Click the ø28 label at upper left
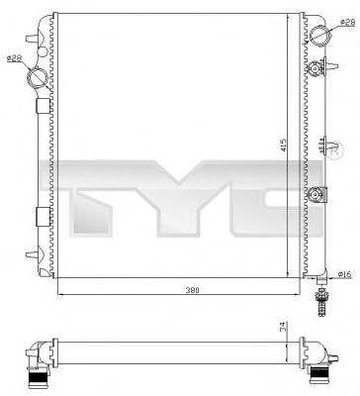14,57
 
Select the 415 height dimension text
285,146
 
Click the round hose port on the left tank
37,75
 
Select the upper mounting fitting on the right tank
317,68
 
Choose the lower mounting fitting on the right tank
317,195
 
